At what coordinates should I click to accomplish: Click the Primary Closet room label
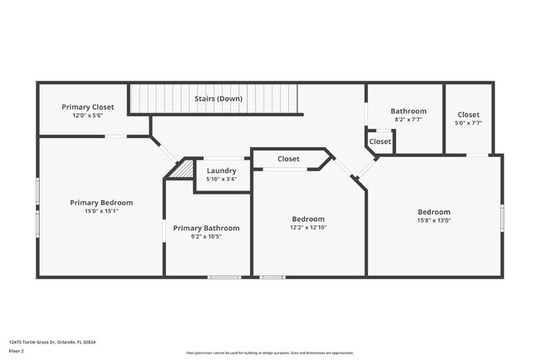click(x=88, y=107)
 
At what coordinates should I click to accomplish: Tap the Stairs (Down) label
click(x=218, y=99)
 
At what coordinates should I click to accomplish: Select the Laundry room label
click(x=221, y=170)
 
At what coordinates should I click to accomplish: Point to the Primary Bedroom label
click(x=101, y=202)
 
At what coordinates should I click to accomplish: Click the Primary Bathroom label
click(x=206, y=228)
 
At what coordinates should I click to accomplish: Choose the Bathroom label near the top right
click(x=409, y=111)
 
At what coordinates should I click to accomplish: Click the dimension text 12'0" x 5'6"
click(x=88, y=116)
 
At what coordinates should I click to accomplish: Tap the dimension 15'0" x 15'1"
click(x=101, y=210)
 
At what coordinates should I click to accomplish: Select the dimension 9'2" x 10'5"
click(x=206, y=236)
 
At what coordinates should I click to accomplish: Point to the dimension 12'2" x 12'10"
click(x=309, y=227)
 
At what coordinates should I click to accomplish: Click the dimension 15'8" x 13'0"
click(x=434, y=220)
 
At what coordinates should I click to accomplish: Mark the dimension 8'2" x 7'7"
click(x=409, y=119)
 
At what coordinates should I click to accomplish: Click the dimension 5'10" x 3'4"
click(x=221, y=179)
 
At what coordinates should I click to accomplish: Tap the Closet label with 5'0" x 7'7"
click(x=469, y=115)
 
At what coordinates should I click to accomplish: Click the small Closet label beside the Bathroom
click(x=380, y=141)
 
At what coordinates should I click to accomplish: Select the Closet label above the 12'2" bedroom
click(x=288, y=159)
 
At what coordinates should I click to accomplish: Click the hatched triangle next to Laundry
click(x=180, y=169)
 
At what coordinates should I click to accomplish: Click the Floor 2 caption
click(x=17, y=351)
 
